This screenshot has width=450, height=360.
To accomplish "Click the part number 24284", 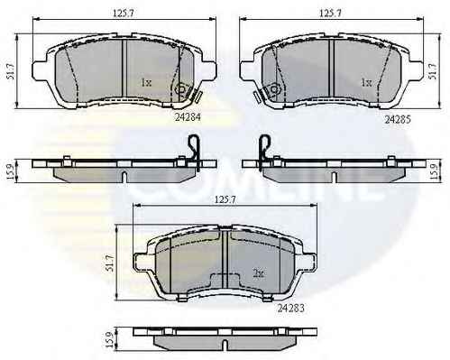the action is (x=188, y=117).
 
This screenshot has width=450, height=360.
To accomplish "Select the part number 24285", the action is (x=398, y=120).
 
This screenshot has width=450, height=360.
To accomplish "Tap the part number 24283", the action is (x=290, y=308).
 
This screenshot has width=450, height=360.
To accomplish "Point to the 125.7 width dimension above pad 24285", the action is (x=329, y=13).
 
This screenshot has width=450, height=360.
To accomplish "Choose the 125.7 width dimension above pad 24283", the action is (x=224, y=199).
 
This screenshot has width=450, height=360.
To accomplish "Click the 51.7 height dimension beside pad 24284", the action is (x=10, y=70).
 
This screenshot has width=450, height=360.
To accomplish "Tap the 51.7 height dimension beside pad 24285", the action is (x=433, y=71).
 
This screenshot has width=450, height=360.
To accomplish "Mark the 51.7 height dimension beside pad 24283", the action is (x=110, y=263).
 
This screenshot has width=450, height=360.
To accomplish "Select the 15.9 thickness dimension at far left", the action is (x=10, y=171).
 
